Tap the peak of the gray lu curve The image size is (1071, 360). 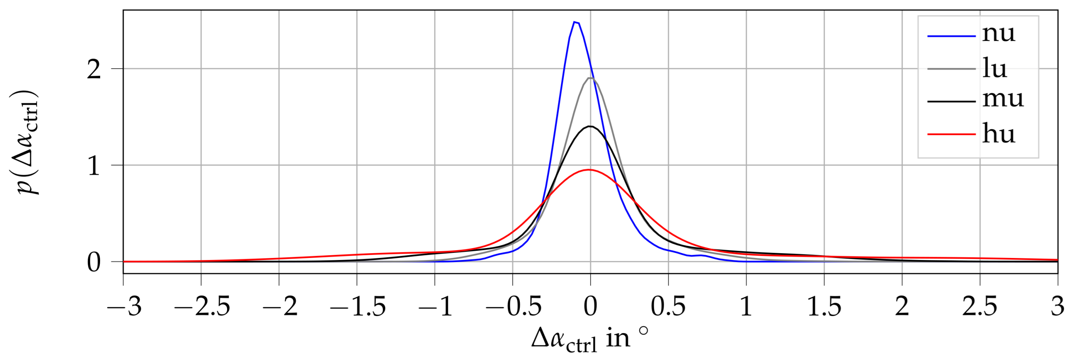click(590, 78)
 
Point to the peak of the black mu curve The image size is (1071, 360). click(590, 126)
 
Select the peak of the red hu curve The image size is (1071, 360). click(589, 169)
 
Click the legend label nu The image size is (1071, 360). click(999, 33)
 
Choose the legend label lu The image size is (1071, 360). click(994, 68)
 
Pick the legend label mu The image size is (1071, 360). click(1003, 99)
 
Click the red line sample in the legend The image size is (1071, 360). click(951, 134)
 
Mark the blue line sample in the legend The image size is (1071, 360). click(951, 36)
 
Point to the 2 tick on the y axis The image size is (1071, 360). click(94, 69)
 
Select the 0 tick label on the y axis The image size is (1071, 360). click(94, 262)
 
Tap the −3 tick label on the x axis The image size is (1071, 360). click(124, 307)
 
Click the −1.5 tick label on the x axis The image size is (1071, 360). click(357, 307)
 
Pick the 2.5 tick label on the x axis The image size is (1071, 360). click(980, 307)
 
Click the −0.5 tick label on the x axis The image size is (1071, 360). click(513, 307)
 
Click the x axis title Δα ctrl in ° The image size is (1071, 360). click(590, 339)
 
